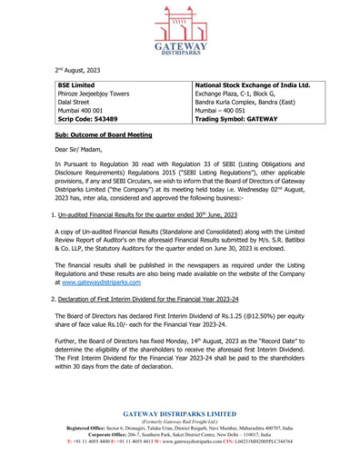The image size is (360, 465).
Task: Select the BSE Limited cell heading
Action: pos(76,85)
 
